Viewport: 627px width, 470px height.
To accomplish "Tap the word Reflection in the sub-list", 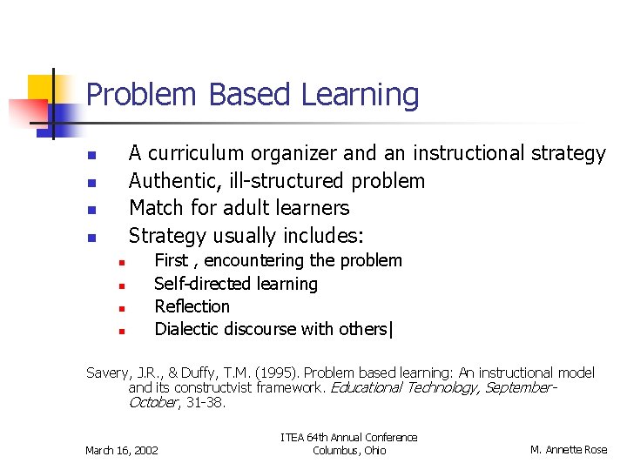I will coord(192,306).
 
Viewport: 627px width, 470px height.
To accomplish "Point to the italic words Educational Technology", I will coord(401,387).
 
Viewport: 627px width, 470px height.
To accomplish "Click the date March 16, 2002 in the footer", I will coord(121,450).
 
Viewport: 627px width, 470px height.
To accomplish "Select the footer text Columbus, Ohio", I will coord(348,450).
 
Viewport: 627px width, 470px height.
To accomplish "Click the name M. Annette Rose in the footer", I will coord(569,450).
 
